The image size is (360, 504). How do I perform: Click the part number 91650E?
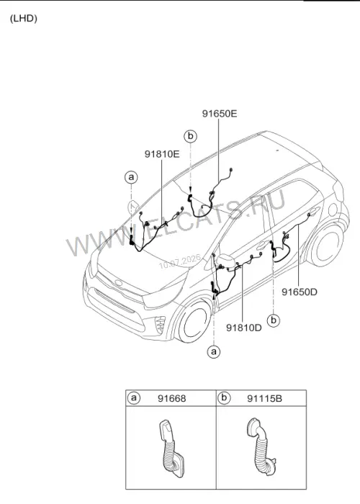coord(220,114)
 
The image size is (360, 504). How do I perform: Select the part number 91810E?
coord(162,154)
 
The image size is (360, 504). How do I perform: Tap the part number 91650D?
coord(300,292)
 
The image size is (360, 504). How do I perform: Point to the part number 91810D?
coord(244,328)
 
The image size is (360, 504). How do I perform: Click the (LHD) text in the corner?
coord(24,18)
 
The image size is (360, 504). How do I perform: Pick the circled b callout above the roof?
coord(191,136)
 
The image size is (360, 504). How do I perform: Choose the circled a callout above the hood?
coord(131,177)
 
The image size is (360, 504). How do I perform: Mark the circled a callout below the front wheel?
coord(214,351)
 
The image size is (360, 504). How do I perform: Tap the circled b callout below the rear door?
coord(274,320)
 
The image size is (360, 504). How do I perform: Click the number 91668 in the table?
coord(171,399)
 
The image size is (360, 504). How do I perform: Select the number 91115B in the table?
coord(264,399)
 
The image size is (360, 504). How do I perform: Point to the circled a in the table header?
coord(134,398)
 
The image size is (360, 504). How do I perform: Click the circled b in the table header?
coord(224,398)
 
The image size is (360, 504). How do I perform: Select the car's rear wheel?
coord(325,246)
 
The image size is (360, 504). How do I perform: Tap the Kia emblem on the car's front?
coord(119,283)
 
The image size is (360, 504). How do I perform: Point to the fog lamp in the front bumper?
coord(160,325)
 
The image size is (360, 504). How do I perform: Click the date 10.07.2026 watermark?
coord(180,261)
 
